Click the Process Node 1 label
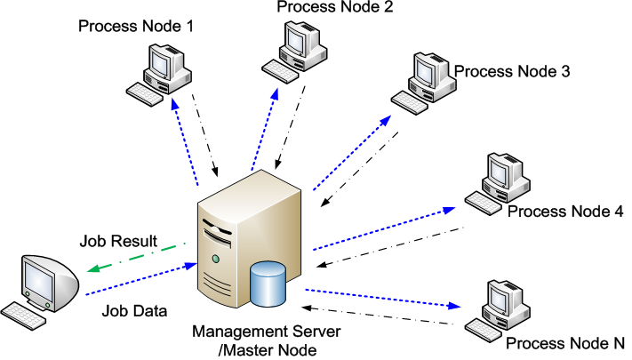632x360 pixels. point(136,27)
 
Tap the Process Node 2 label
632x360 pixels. point(335,8)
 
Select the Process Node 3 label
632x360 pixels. point(511,70)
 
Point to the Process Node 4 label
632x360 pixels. point(564,212)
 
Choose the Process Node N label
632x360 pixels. point(564,342)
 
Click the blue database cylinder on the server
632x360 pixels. point(268,282)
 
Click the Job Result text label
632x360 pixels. point(118,241)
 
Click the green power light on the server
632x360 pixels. point(216,260)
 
